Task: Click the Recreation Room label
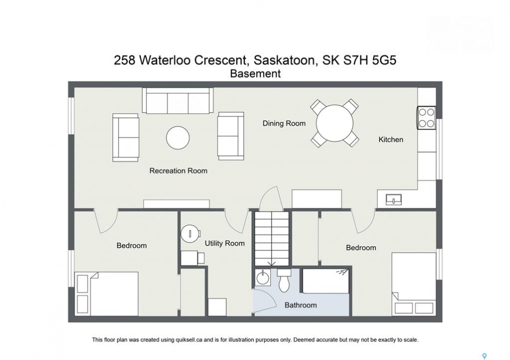pos(178,170)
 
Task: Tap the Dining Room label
pos(284,123)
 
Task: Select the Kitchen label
pos(390,139)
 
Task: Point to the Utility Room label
pos(224,243)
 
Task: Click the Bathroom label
pos(300,305)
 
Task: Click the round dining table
pos(334,123)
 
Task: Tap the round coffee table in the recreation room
pos(178,138)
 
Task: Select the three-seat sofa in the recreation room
pos(178,100)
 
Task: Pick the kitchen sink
pos(393,199)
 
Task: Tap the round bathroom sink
pos(262,278)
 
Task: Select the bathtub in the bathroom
pos(326,281)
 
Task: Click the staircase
pos(272,239)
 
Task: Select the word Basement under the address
pos(255,74)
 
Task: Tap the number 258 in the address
pos(124,60)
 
